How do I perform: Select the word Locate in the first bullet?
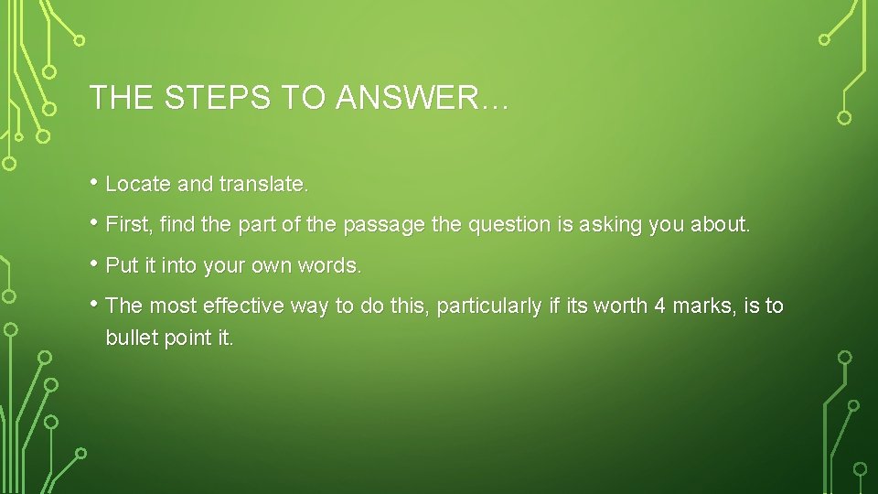click(138, 184)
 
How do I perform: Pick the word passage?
click(390, 225)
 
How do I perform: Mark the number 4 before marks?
click(659, 306)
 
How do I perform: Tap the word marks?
click(704, 306)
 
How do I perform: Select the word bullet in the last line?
click(133, 338)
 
